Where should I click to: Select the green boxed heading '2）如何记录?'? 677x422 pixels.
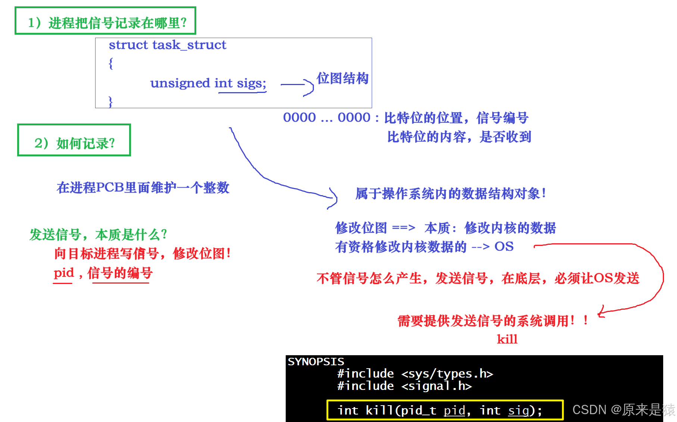[x=75, y=143]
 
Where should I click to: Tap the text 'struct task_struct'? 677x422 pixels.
[x=167, y=45]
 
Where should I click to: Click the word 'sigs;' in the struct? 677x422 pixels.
[x=251, y=83]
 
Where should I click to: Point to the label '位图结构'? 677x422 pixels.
[x=343, y=78]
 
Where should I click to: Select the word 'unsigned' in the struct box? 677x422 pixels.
[x=180, y=83]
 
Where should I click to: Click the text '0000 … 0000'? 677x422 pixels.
[x=327, y=118]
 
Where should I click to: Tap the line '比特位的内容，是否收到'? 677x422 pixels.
[x=459, y=137]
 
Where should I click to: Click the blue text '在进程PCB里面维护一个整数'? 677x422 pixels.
[x=143, y=187]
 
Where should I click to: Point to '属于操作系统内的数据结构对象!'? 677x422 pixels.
[x=450, y=193]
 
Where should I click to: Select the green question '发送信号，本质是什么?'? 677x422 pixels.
[x=98, y=235]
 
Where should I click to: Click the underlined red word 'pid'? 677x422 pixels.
[x=64, y=273]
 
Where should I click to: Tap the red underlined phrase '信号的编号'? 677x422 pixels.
[x=120, y=273]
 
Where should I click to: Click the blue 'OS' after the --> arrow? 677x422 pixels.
[x=504, y=247]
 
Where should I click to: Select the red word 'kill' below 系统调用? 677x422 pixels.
[x=507, y=339]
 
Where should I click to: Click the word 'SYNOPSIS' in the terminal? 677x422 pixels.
[x=316, y=362]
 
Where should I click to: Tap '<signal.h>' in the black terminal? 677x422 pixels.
[x=436, y=386]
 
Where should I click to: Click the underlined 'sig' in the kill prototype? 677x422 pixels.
[x=518, y=410]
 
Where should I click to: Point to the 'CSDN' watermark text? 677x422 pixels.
[x=589, y=410]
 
